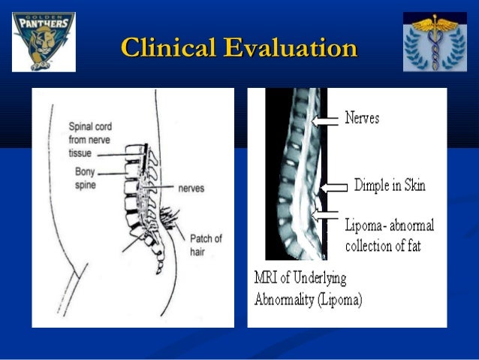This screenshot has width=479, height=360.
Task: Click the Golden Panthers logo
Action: (x=44, y=42)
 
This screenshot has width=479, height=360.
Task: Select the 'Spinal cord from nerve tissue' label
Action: (x=90, y=140)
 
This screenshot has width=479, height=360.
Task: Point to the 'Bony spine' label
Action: (x=85, y=178)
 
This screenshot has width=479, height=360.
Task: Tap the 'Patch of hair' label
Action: (x=206, y=244)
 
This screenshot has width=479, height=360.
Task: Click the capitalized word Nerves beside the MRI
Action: (x=362, y=118)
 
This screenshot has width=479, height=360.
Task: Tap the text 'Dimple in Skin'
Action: (x=389, y=186)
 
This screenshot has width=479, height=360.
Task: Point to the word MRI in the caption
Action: (x=269, y=278)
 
